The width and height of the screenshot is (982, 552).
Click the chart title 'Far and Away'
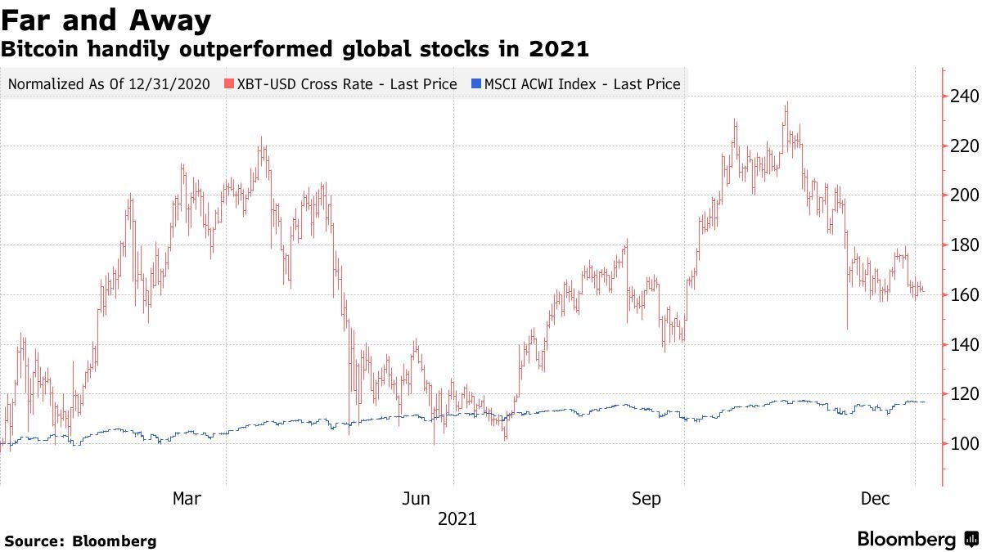tap(106, 20)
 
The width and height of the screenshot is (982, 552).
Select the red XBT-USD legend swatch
tap(230, 84)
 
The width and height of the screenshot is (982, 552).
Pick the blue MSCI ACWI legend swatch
tap(476, 84)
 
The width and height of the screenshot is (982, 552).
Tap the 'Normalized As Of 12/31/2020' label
tap(109, 84)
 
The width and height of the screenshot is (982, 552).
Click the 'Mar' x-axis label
tap(187, 499)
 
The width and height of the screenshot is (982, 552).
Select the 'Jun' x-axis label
tap(417, 499)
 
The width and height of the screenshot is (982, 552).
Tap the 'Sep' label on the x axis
tap(646, 499)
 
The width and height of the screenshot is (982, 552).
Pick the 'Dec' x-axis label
tap(875, 499)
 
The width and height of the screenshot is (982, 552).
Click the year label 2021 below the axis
tap(457, 518)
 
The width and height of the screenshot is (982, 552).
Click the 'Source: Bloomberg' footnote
tap(80, 541)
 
